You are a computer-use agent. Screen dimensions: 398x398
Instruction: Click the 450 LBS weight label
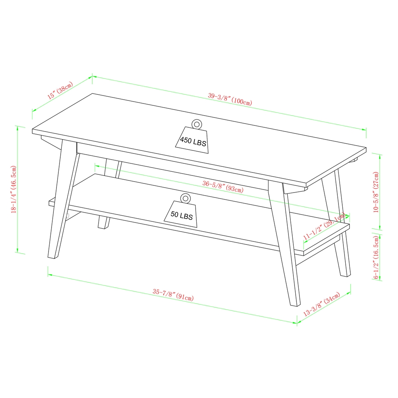193,142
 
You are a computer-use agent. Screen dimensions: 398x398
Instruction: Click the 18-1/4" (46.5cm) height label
14,190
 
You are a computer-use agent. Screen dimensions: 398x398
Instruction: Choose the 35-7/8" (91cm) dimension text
173,295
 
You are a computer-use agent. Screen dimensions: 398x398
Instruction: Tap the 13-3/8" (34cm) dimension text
322,304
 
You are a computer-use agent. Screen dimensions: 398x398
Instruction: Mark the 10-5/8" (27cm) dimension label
376,192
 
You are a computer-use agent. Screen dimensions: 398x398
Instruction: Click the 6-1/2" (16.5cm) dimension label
376,257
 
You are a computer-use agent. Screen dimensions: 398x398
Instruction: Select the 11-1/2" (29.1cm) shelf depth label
324,227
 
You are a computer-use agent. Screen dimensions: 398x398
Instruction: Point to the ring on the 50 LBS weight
185,198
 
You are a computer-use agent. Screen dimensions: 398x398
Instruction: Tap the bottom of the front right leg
295,304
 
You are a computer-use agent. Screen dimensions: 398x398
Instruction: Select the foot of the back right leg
345,274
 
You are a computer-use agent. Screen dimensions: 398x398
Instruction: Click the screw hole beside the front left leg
69,216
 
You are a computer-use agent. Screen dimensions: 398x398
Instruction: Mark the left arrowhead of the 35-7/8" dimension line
49,273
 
